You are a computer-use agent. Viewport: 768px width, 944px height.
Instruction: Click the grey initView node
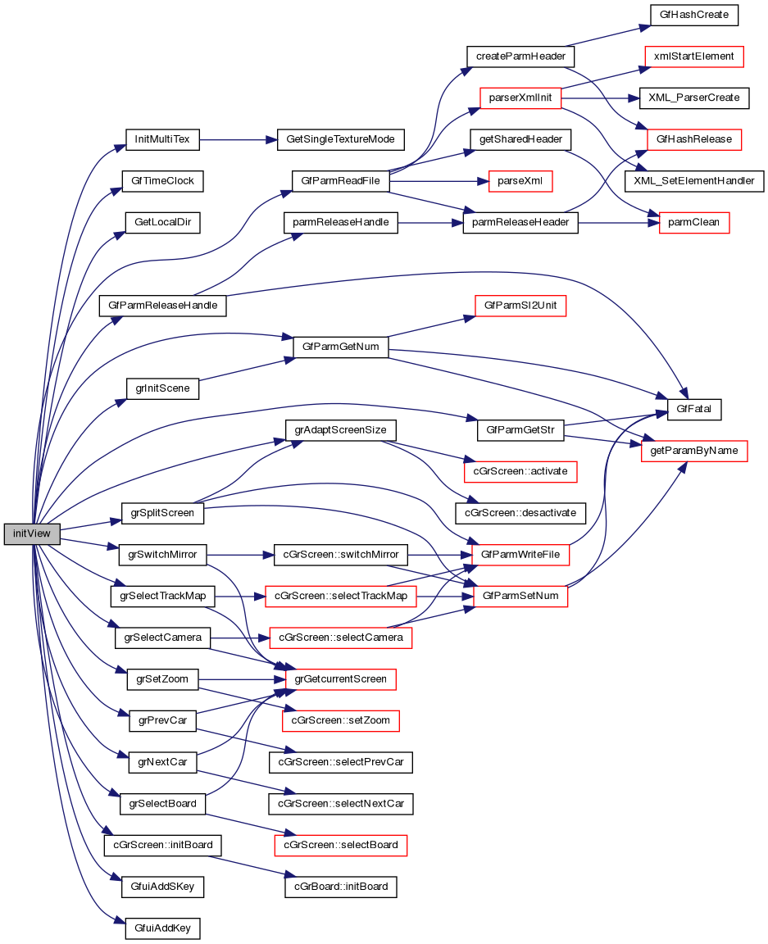click(x=32, y=533)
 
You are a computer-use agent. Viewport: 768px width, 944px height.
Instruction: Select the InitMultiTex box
click(x=162, y=139)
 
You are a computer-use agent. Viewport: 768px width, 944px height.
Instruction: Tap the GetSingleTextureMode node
click(x=340, y=139)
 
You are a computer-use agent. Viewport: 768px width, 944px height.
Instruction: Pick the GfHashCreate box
click(x=693, y=15)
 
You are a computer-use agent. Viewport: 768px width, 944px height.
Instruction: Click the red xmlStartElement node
click(x=693, y=57)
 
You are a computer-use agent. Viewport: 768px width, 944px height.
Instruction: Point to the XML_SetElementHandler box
click(x=694, y=180)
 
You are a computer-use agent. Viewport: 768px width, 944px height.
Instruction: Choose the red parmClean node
click(x=694, y=222)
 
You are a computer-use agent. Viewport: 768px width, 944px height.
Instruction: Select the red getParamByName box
click(x=694, y=451)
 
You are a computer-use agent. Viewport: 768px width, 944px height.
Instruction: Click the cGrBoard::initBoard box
click(x=340, y=886)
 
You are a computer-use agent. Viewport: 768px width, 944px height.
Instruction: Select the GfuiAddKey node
click(x=162, y=928)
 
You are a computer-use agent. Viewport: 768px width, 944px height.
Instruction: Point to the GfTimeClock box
click(x=162, y=180)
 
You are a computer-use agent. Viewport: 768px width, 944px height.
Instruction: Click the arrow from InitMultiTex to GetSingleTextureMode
click(x=238, y=139)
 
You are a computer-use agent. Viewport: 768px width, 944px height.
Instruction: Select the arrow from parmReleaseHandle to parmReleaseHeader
click(x=430, y=222)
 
